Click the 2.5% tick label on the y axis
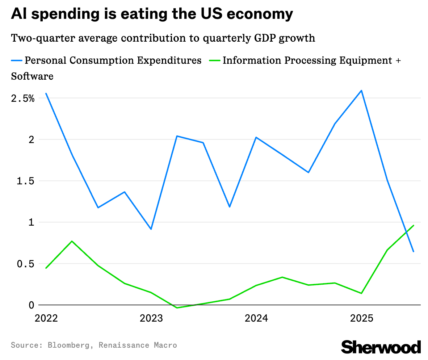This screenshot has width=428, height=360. point(22,99)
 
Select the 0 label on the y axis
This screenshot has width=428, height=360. point(31,305)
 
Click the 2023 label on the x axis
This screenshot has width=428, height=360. point(151,319)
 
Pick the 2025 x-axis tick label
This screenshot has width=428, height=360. point(361,319)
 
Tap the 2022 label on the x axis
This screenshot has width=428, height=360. point(46,319)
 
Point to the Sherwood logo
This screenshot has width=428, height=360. point(381,347)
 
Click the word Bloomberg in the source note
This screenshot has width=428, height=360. point(68,345)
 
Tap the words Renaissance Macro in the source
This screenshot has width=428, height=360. point(138,345)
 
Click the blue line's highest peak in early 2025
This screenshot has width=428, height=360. point(361,91)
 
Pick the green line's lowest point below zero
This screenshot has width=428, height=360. point(177,308)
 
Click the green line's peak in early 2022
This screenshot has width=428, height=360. point(72,241)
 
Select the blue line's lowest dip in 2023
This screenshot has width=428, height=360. point(151,229)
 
